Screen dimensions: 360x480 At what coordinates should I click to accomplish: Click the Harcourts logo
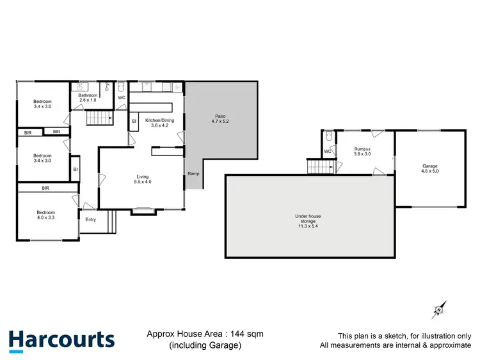coord(61,340)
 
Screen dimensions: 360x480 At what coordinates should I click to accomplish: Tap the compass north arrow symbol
coord(438,310)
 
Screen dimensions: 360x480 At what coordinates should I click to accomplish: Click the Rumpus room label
coord(363,150)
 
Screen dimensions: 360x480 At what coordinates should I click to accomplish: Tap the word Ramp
coord(193,173)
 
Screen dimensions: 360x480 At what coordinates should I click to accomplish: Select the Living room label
coord(143,177)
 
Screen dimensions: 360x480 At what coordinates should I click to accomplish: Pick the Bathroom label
coord(88,95)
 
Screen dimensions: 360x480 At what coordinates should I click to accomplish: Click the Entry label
coord(90,219)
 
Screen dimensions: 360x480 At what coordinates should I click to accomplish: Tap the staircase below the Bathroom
coord(99,119)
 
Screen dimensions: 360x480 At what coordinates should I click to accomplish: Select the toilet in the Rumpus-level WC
coord(328,136)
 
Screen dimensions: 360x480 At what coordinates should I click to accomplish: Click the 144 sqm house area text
coord(205,334)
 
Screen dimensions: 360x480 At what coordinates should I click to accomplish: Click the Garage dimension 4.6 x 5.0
coord(430,171)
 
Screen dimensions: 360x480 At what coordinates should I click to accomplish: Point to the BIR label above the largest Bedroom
coord(45,189)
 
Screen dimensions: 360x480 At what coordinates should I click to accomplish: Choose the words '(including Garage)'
coord(205,345)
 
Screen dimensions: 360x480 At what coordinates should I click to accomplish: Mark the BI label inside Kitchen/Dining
coord(134,120)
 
